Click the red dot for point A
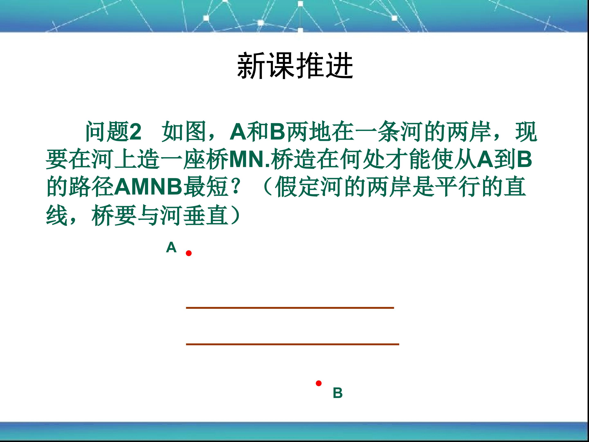pyautogui.click(x=189, y=253)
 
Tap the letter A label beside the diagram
pyautogui.click(x=171, y=248)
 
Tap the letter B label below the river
pyautogui.click(x=338, y=393)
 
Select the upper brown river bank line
pyautogui.click(x=290, y=308)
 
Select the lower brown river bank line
pyautogui.click(x=292, y=344)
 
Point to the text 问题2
pyautogui.click(x=113, y=132)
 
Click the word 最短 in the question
pyautogui.click(x=206, y=187)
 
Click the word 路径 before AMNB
pyautogui.click(x=92, y=187)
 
